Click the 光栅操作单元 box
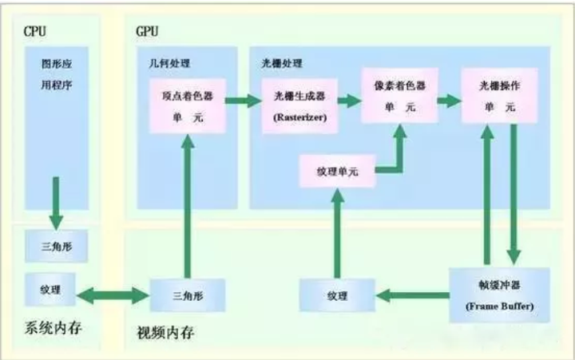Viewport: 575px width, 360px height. tap(497, 95)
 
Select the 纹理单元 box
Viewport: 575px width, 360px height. tap(337, 172)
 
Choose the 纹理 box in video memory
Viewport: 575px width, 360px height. tap(337, 295)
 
